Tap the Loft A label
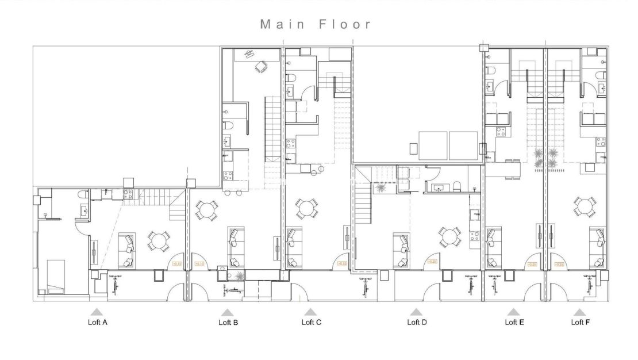97,323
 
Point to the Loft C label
312,322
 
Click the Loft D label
417,322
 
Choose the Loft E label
514,322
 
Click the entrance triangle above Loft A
97,311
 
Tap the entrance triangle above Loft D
417,311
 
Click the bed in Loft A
56,275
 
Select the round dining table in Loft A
158,241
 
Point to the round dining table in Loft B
206,210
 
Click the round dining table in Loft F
584,207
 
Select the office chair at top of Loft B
261,67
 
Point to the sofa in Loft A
126,250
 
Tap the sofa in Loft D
401,250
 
